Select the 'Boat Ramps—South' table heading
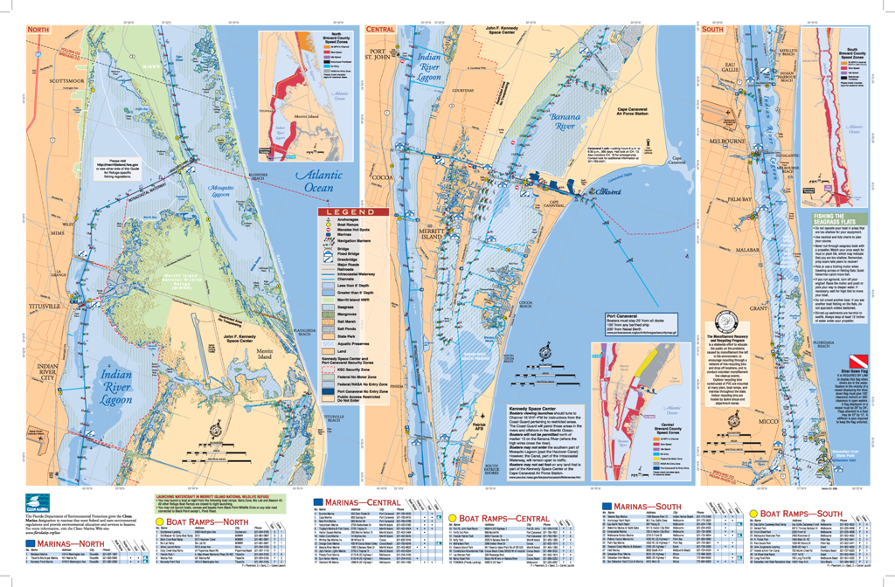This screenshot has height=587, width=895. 800,513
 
